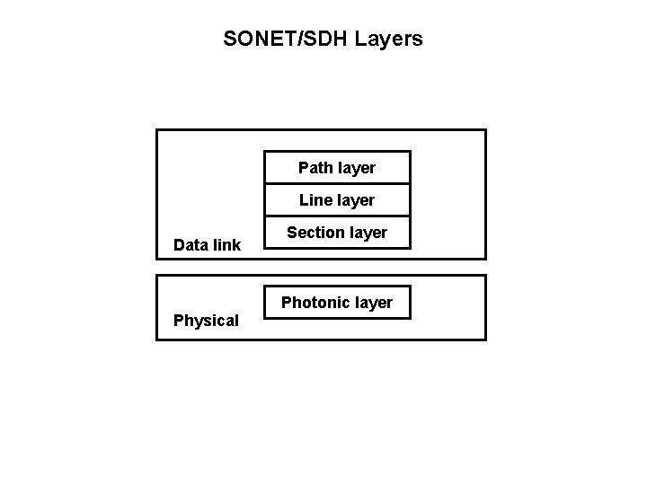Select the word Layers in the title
click(x=388, y=40)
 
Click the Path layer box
click(x=337, y=168)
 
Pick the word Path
click(x=314, y=168)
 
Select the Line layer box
click(x=337, y=199)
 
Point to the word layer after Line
click(x=355, y=200)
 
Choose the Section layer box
click(x=337, y=233)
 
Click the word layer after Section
click(x=368, y=233)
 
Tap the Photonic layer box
click(x=337, y=303)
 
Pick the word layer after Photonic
click(x=373, y=303)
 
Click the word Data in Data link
click(x=190, y=244)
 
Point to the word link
click(x=226, y=244)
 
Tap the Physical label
click(x=206, y=321)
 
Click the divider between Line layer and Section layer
click(x=337, y=216)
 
